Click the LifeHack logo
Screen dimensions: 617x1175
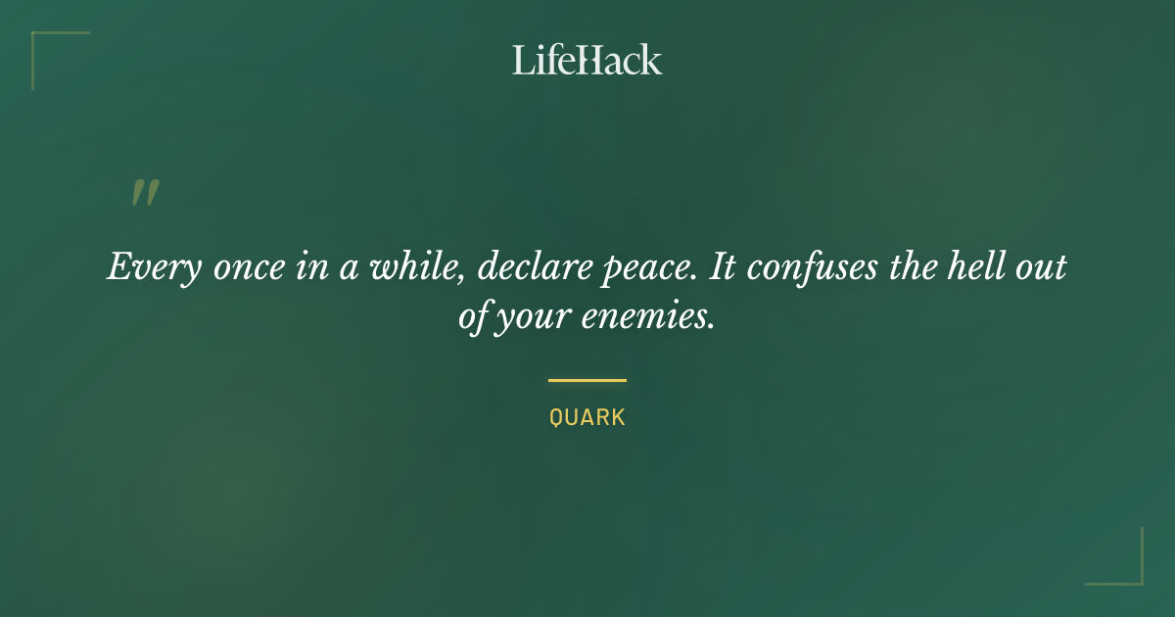click(x=587, y=60)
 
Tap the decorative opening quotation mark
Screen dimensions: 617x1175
click(x=145, y=193)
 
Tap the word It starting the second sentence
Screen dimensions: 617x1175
click(x=723, y=266)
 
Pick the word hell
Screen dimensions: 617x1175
click(x=984, y=266)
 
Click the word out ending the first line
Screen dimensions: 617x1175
click(x=1042, y=267)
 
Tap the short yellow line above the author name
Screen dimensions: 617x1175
click(x=587, y=380)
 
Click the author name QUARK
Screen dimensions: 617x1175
click(x=587, y=417)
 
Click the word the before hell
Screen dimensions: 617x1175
click(x=920, y=266)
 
